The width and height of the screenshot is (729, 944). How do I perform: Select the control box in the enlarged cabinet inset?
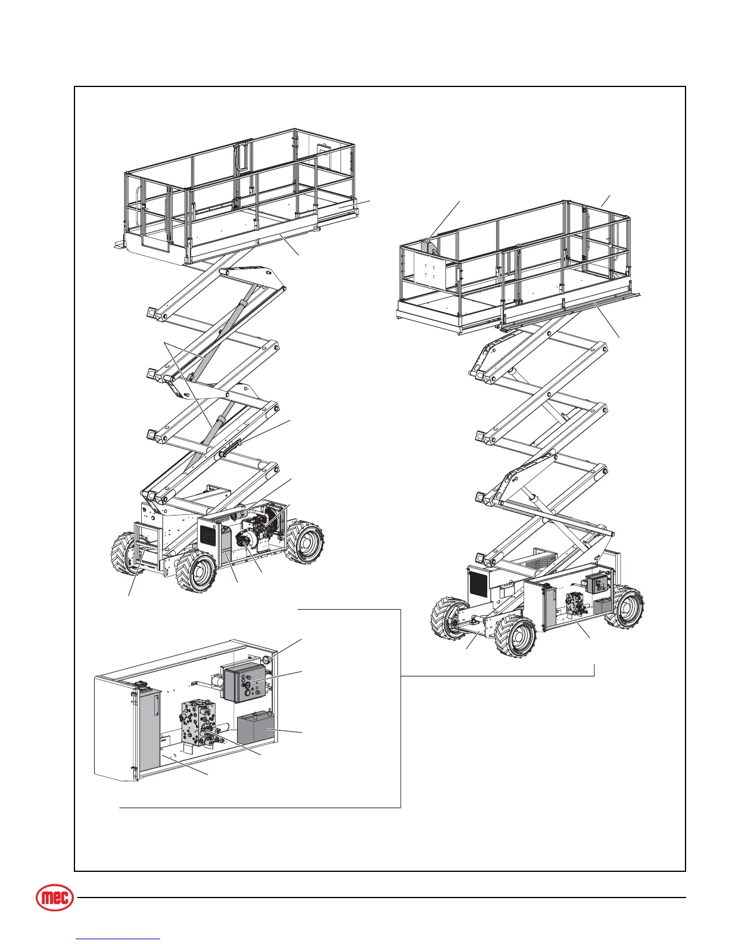[x=245, y=683]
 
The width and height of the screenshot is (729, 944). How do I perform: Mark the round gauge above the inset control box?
[x=266, y=659]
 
